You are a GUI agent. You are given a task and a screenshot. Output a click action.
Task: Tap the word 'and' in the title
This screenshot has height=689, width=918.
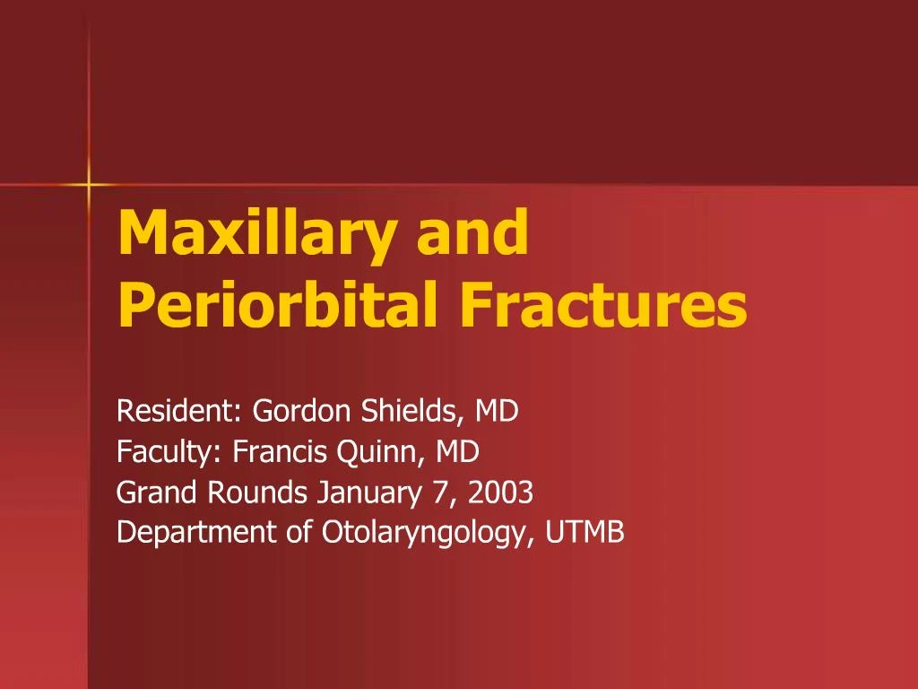(x=472, y=232)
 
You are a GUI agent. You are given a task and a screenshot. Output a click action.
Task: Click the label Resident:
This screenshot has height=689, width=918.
(x=179, y=411)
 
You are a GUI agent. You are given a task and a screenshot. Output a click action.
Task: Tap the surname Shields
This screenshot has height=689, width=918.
(x=408, y=411)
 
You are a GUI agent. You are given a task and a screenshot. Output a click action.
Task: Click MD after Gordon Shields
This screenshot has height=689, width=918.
(x=497, y=411)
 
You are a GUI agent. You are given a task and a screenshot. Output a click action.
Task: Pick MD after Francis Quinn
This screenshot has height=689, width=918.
(x=457, y=452)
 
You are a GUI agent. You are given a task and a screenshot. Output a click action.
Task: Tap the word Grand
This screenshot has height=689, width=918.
(x=156, y=493)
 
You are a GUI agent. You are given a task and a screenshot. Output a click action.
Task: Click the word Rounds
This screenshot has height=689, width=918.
(x=257, y=493)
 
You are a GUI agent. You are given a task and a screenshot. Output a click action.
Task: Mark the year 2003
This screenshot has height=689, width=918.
(x=500, y=493)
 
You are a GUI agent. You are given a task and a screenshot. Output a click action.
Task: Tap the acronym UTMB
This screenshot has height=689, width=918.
(x=585, y=532)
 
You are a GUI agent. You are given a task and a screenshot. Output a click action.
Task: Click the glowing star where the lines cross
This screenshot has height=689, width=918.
(x=89, y=185)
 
